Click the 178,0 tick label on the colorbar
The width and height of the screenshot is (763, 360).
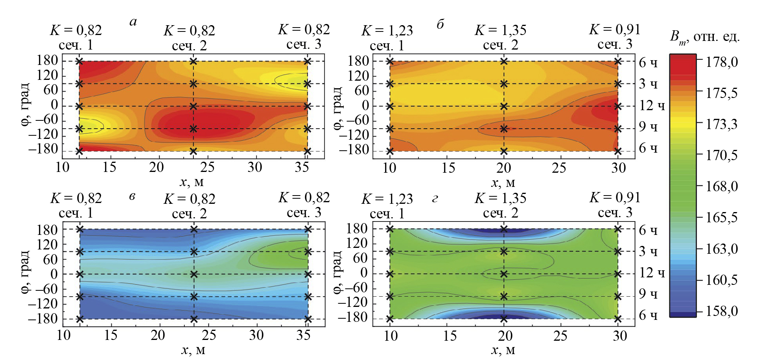pyautogui.click(x=722, y=62)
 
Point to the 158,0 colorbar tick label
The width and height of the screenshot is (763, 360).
pyautogui.click(x=722, y=311)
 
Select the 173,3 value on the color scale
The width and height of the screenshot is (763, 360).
pyautogui.click(x=722, y=124)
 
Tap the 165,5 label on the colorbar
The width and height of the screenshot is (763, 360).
pyautogui.click(x=722, y=218)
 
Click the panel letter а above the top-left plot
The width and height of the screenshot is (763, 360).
pyautogui.click(x=133, y=22)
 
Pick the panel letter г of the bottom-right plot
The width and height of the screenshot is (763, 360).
pyautogui.click(x=435, y=199)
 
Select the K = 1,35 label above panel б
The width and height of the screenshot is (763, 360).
pyautogui.click(x=500, y=30)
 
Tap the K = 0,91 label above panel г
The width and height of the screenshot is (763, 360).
pyautogui.click(x=615, y=198)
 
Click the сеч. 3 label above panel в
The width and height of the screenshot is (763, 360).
pyautogui.click(x=304, y=213)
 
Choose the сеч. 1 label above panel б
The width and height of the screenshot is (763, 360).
pyautogui.click(x=387, y=46)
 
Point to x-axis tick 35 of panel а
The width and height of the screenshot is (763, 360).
pyautogui.click(x=302, y=167)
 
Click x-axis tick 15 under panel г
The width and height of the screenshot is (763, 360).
pyautogui.click(x=450, y=336)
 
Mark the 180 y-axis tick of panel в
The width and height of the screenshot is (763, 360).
pyautogui.click(x=48, y=230)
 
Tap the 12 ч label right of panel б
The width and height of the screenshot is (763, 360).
pyautogui.click(x=652, y=105)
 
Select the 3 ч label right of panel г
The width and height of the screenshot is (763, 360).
pyautogui.click(x=648, y=251)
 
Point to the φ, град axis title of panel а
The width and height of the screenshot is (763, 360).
pyautogui.click(x=25, y=104)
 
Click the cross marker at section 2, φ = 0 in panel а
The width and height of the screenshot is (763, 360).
pyautogui.click(x=193, y=106)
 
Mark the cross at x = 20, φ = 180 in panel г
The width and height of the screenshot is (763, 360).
pyautogui.click(x=504, y=229)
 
